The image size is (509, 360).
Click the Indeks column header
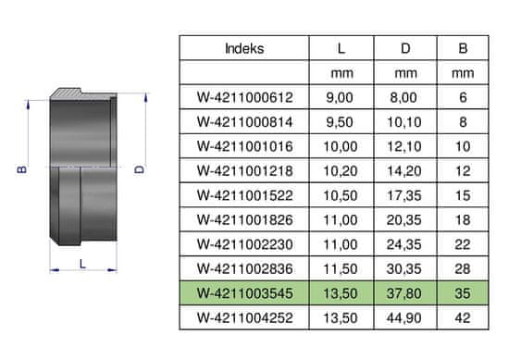(x=244, y=48)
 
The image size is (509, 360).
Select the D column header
(x=405, y=48)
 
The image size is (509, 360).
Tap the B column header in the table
(x=463, y=48)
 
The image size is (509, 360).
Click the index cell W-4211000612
(x=244, y=97)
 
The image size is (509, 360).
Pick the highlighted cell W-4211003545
(x=244, y=293)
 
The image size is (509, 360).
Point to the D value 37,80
(x=404, y=293)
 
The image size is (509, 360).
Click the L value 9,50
(x=340, y=122)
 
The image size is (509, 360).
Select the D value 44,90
(x=404, y=317)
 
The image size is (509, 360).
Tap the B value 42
(x=463, y=317)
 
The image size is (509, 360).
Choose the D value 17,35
(x=404, y=195)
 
